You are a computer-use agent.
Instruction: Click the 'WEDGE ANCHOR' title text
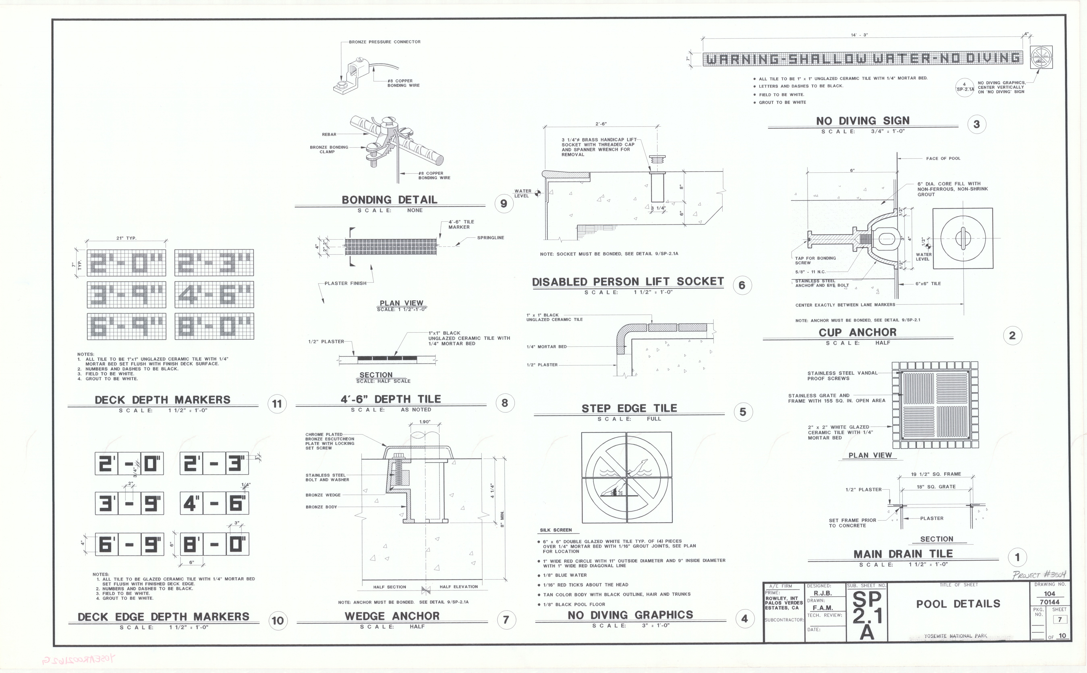(x=392, y=616)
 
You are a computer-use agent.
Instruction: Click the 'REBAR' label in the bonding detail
(x=329, y=134)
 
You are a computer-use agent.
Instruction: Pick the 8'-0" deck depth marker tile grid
(x=214, y=326)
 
